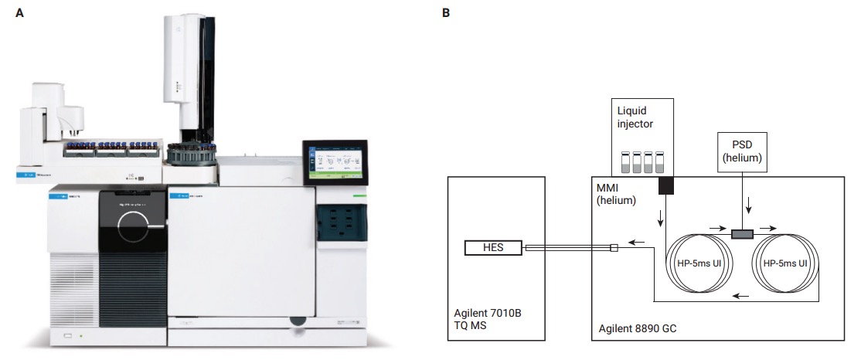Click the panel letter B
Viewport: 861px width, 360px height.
pyautogui.click(x=446, y=13)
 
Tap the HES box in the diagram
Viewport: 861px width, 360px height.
pyautogui.click(x=494, y=248)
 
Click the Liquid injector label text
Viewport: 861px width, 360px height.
pyautogui.click(x=641, y=117)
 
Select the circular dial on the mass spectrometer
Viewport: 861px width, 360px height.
pyautogui.click(x=139, y=227)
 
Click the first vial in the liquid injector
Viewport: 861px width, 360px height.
pyautogui.click(x=627, y=161)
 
